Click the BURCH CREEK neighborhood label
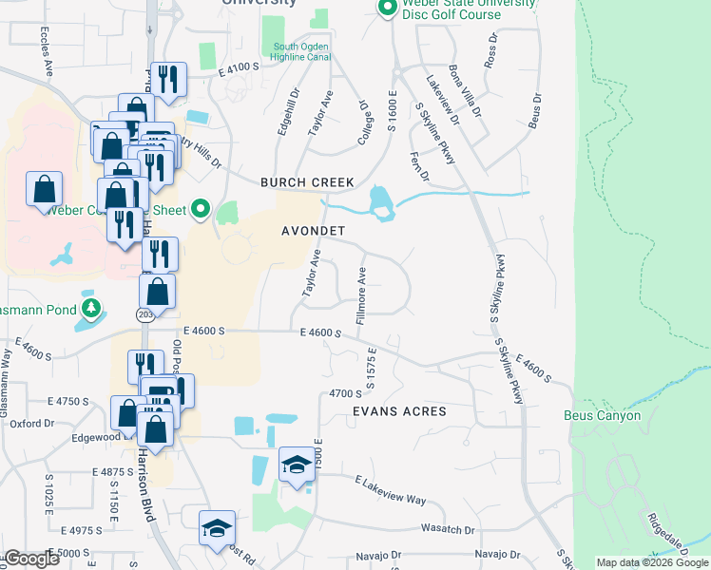[x=307, y=181]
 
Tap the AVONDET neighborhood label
[x=312, y=231]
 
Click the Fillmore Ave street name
[x=361, y=295]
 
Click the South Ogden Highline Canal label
[x=301, y=51]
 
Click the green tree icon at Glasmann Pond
[x=91, y=308]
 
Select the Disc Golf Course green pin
[x=387, y=9]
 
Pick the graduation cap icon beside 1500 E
[x=297, y=465]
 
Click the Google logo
[x=31, y=559]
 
